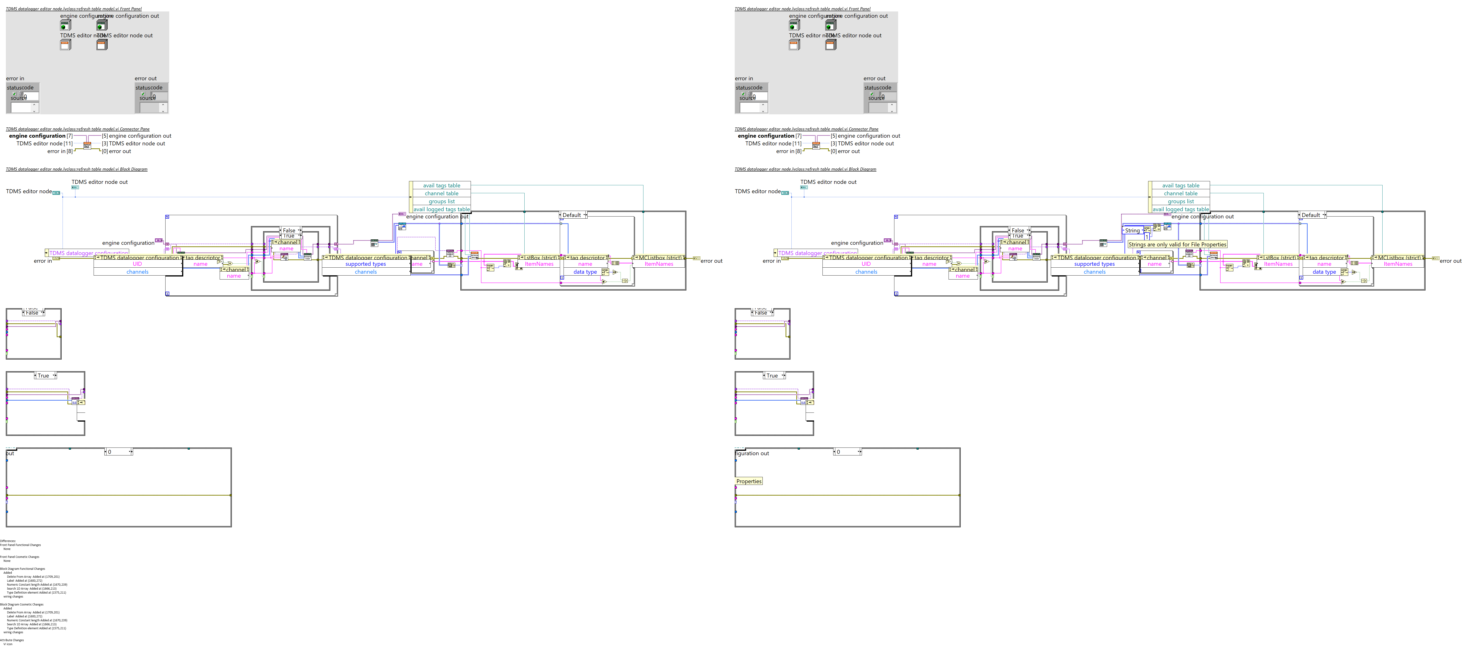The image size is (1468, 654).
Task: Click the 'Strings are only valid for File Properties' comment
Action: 1177,244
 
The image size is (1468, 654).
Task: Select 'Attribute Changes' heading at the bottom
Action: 12,640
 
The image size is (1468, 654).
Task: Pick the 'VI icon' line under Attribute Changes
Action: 8,644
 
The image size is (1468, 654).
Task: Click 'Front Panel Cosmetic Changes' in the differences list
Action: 20,556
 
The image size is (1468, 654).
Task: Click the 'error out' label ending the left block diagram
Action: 711,261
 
